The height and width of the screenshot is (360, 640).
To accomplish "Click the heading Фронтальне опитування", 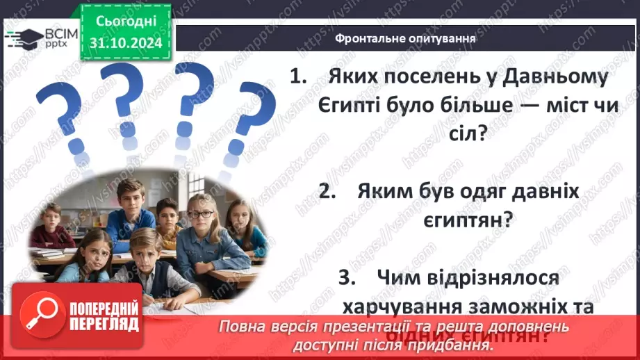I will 405,39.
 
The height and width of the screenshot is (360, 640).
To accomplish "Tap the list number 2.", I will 327,192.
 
